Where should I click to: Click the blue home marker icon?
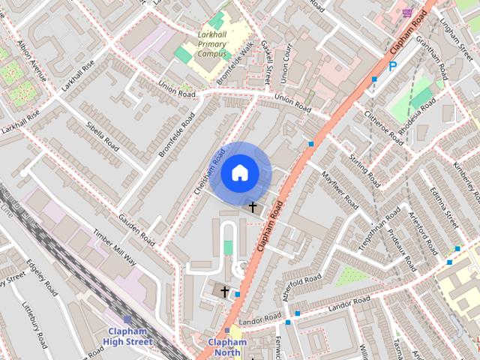[239, 173]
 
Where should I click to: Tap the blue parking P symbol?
[391, 67]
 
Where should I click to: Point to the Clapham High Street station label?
[129, 337]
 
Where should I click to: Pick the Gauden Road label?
[136, 230]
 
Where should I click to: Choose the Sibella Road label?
[103, 134]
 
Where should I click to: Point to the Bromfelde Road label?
[177, 135]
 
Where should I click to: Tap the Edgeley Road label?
[43, 277]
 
